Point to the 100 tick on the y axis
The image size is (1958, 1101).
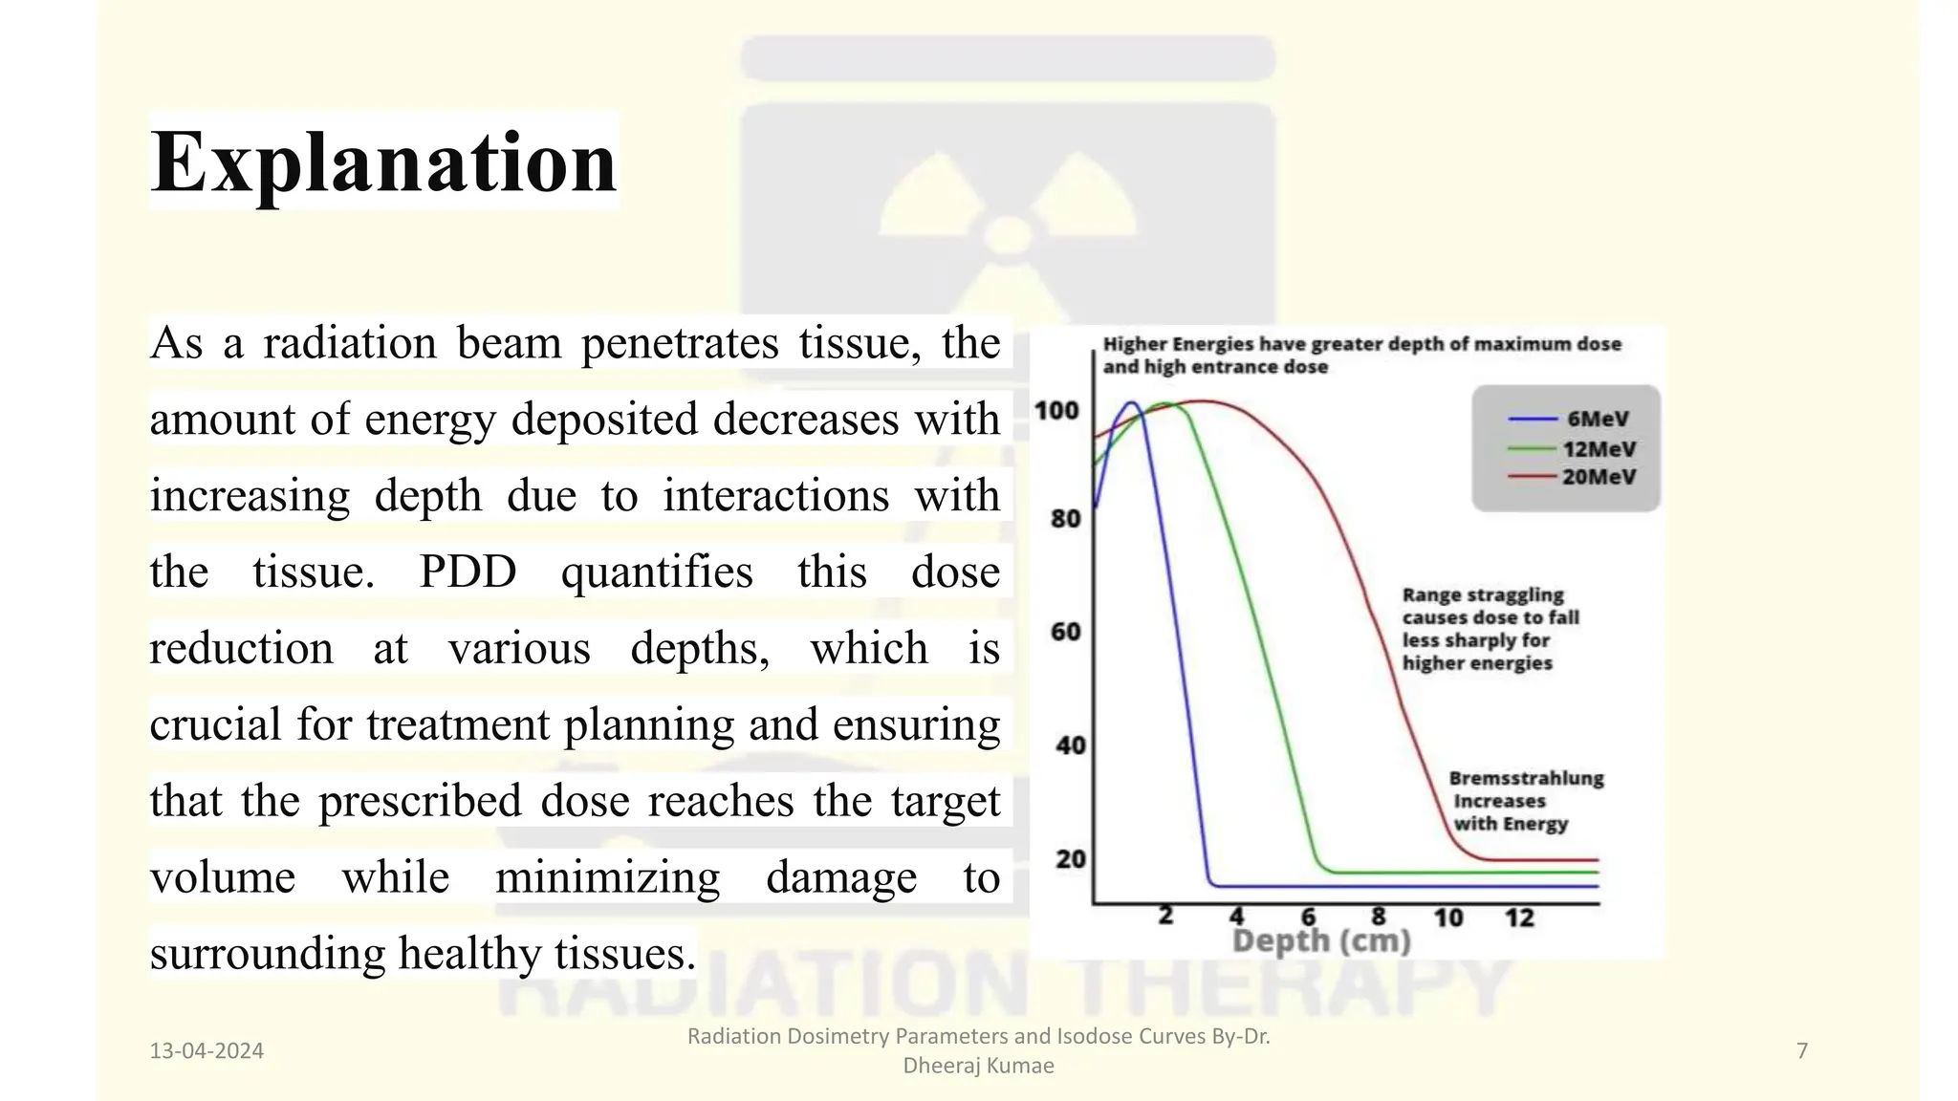tap(1056, 411)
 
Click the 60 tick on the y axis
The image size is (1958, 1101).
tap(1065, 632)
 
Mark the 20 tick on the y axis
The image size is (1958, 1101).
tap(1070, 859)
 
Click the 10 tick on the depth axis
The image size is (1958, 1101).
tap(1447, 918)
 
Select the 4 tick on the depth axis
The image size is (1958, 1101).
tap(1236, 917)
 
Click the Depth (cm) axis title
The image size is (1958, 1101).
tap(1321, 941)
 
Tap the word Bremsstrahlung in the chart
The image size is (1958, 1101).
tap(1526, 778)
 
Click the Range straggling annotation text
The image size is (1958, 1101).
tap(1490, 628)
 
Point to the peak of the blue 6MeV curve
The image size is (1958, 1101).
tap(1131, 402)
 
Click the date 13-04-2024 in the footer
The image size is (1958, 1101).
tap(207, 1051)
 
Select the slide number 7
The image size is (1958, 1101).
tap(1802, 1051)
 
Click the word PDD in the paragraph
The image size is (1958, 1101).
tap(468, 572)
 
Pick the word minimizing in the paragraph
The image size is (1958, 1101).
tap(607, 877)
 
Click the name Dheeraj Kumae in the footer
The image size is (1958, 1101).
tap(978, 1066)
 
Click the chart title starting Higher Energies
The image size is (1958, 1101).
tap(1361, 355)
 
